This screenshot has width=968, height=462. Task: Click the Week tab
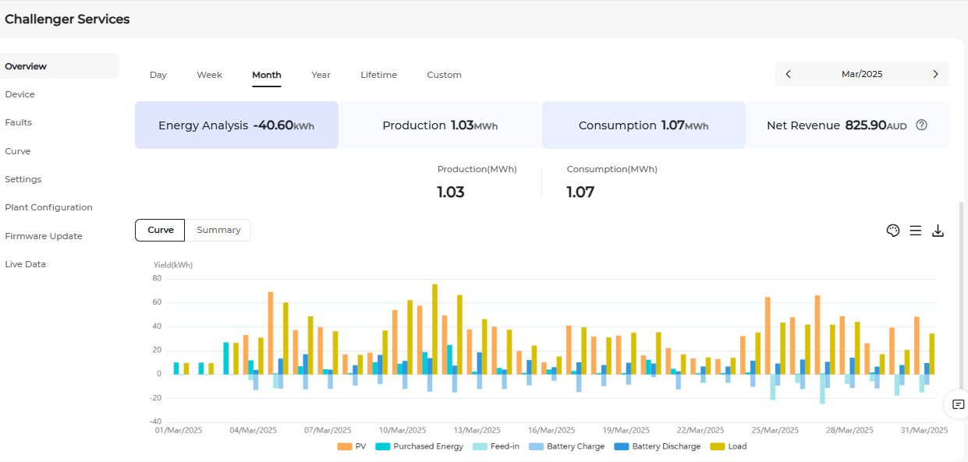click(x=209, y=75)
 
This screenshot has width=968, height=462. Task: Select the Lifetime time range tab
click(x=378, y=75)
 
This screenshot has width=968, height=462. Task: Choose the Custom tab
click(x=445, y=75)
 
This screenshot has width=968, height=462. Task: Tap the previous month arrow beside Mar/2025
click(x=789, y=74)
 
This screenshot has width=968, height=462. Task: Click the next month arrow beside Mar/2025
click(x=935, y=74)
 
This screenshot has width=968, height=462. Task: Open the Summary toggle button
click(x=218, y=230)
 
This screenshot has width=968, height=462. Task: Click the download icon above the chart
click(x=938, y=231)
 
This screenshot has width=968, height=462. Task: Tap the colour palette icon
click(x=893, y=231)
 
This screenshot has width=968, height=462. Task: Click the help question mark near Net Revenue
click(x=921, y=125)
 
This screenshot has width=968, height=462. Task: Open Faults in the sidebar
click(x=19, y=122)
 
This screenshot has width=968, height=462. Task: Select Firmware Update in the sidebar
click(x=44, y=236)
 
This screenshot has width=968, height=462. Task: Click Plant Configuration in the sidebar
click(x=49, y=207)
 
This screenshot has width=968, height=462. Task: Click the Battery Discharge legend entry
click(x=658, y=446)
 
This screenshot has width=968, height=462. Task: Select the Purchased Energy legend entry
click(x=419, y=446)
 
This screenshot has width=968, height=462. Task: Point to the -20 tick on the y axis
click(x=155, y=398)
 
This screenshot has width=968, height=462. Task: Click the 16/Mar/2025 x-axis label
click(x=551, y=431)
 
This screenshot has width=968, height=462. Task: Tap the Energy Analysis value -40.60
click(x=273, y=125)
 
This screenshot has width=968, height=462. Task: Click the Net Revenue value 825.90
click(x=866, y=125)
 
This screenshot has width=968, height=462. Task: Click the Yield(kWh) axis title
click(x=173, y=265)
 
